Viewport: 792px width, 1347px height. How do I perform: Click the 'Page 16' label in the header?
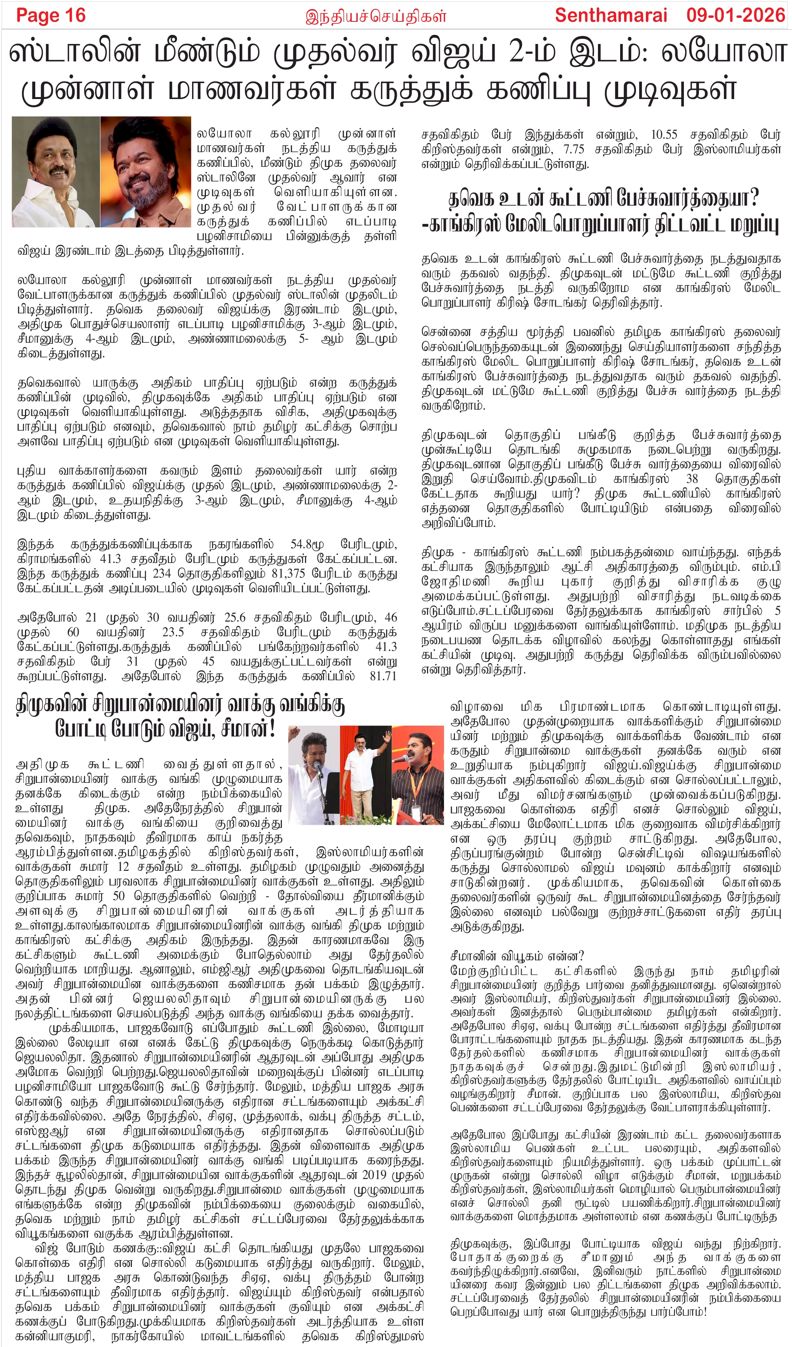[x=51, y=15]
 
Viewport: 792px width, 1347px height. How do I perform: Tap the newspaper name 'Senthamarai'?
[x=611, y=15]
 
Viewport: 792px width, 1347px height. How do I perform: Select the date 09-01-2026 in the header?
[x=735, y=15]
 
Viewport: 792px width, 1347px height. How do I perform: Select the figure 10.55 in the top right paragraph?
[x=664, y=134]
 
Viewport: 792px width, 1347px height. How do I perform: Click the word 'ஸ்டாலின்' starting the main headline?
[x=75, y=52]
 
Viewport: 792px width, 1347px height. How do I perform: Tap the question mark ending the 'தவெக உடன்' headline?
[x=754, y=199]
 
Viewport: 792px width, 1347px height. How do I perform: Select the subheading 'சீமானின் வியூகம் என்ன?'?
[x=517, y=955]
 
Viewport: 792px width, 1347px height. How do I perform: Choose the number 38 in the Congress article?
[x=692, y=479]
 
